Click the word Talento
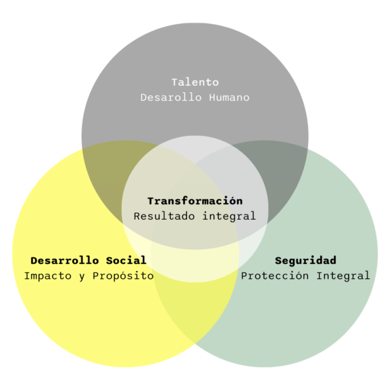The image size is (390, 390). tap(195, 83)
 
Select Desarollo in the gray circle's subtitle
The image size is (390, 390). tap(171, 97)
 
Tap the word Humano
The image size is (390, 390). tap(229, 97)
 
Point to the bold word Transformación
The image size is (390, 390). tap(195, 201)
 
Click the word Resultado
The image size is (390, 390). tap(164, 216)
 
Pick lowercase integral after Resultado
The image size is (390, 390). tap(229, 216)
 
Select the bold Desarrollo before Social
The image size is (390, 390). tap(64, 261)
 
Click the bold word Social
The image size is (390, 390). tap(126, 261)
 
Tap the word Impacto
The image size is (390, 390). tap(47, 276)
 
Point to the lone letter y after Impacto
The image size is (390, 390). tap(82, 277)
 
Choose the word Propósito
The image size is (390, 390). tap(123, 276)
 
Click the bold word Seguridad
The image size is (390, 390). tap(305, 261)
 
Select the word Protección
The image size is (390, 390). tap(275, 276)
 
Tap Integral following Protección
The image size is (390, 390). tap(343, 276)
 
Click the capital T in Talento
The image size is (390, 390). tap(175, 83)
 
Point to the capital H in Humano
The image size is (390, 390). tap(212, 97)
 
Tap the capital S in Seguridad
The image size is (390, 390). tap(278, 261)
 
